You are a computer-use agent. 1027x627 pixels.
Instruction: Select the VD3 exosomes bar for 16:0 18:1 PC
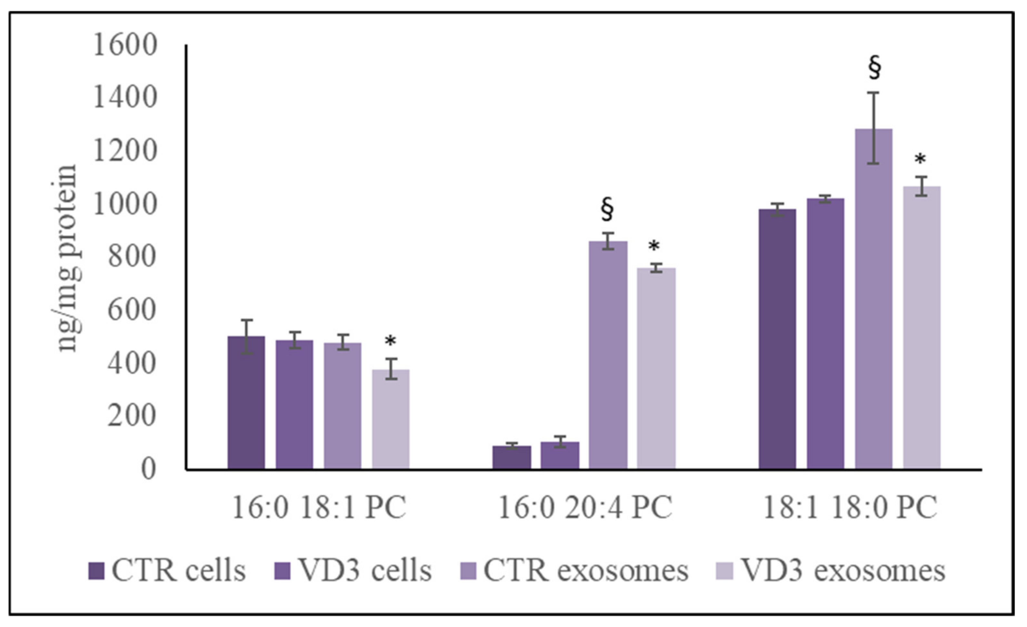[391, 419]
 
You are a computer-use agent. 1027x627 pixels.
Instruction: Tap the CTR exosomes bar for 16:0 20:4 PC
[608, 355]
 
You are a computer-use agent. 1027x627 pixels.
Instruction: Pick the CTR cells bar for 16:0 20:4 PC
[512, 458]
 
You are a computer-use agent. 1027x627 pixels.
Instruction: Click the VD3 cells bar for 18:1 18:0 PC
[826, 334]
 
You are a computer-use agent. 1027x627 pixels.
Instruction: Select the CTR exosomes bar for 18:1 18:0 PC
[873, 299]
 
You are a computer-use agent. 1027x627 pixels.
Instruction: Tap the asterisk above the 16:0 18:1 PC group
[390, 341]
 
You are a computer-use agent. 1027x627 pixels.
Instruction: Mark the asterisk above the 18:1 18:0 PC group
[920, 159]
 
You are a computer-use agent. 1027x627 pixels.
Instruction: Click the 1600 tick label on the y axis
[125, 45]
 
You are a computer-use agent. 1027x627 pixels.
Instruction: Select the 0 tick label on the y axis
[149, 469]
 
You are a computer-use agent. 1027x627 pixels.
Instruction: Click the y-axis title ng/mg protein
[67, 258]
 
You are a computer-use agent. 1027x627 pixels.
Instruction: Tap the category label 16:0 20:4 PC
[585, 507]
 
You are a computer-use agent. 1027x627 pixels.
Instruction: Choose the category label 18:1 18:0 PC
[850, 507]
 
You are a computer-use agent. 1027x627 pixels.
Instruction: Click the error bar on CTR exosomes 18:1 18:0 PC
[873, 128]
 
